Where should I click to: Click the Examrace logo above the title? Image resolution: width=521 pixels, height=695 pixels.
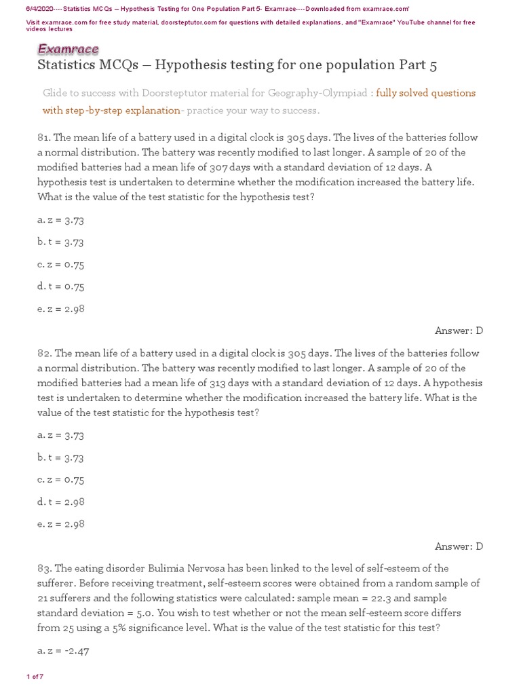click(68, 49)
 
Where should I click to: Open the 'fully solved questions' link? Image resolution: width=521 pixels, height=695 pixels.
click(425, 93)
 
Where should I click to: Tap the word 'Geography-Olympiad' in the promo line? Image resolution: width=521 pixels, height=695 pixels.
click(315, 93)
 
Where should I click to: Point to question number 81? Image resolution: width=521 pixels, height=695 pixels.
click(44, 138)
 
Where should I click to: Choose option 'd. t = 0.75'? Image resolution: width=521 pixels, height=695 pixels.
click(61, 286)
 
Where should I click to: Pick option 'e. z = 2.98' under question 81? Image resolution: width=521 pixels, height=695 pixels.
click(61, 309)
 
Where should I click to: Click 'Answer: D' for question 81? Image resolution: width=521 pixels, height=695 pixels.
click(459, 331)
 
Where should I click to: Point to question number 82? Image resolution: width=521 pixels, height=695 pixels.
click(44, 354)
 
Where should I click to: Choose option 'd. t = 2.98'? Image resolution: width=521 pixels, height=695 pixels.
click(61, 502)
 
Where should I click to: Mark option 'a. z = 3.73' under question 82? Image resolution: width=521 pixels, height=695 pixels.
click(61, 435)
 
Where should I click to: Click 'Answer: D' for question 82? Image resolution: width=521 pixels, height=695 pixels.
click(459, 546)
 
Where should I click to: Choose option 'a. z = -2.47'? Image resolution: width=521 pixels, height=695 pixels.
click(63, 651)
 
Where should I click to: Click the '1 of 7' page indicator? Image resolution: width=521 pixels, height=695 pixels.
click(35, 677)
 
